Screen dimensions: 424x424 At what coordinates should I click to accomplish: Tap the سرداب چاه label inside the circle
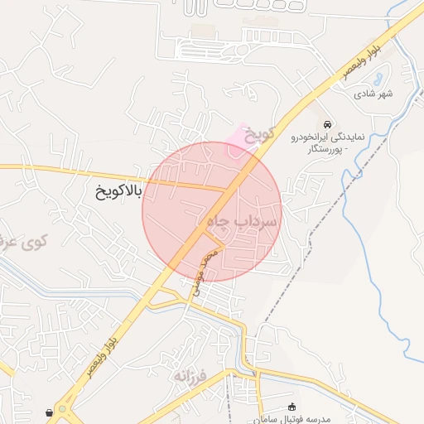(x=235, y=222)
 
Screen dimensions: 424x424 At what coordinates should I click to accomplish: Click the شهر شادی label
(x=373, y=94)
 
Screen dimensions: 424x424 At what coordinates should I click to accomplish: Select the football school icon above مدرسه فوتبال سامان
(x=291, y=407)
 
